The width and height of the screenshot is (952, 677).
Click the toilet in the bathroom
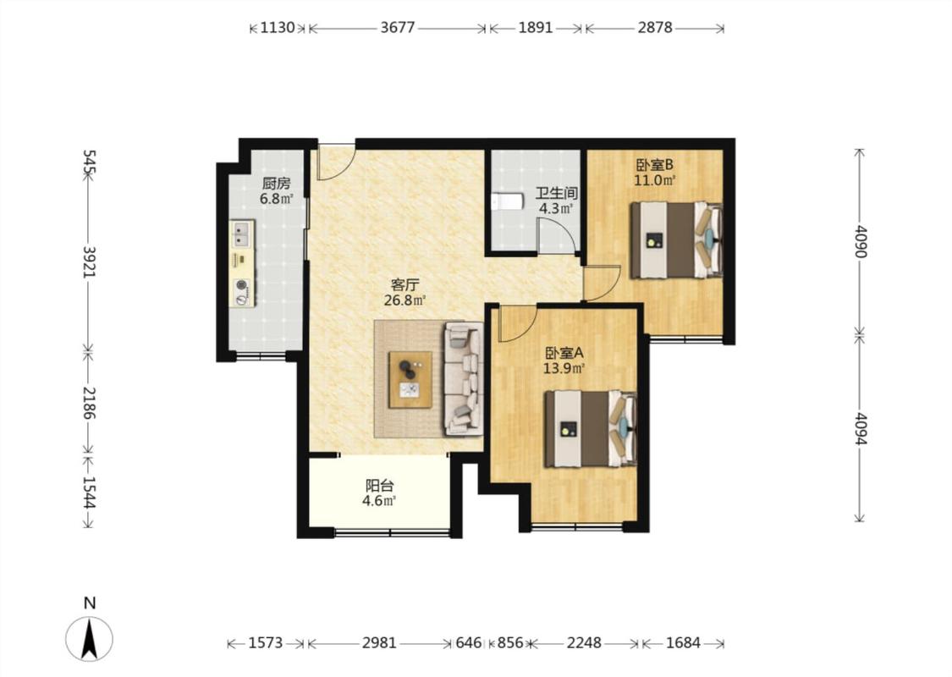508,201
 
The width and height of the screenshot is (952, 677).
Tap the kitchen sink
242,234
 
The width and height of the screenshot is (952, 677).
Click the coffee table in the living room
410,379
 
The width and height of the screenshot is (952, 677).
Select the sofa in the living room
464,379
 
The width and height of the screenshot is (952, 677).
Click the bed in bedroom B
676,240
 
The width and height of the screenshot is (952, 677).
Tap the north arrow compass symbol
89,638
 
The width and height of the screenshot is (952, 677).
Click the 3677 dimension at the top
398,27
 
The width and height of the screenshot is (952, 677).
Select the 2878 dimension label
655,27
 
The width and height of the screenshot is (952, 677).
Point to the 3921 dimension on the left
89,261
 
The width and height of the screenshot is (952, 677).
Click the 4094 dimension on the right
860,429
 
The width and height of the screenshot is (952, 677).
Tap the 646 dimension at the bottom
469,642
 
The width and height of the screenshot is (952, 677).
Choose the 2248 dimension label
584,642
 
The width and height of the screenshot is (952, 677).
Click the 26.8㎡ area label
404,300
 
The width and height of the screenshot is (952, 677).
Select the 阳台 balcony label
379,486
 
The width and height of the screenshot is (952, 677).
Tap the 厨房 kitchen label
276,184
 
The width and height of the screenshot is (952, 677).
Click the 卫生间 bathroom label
556,194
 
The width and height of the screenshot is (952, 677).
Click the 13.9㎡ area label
564,368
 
